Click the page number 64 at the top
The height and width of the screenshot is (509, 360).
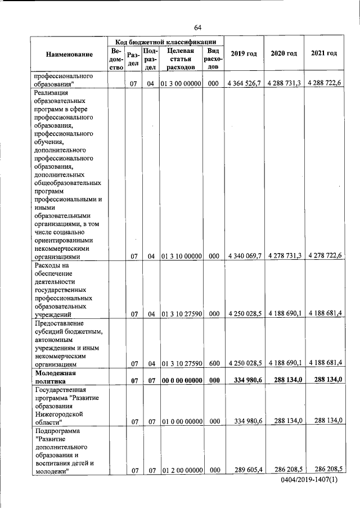coord(197,28)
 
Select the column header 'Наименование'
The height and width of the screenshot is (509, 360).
coord(70,54)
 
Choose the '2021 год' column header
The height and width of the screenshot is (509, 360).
coord(323,53)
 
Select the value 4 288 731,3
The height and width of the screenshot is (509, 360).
coord(284,83)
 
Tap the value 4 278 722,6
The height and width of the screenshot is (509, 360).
coord(323,255)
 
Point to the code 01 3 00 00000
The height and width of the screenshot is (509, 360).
coord(181,84)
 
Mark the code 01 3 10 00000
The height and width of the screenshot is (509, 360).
coord(181,256)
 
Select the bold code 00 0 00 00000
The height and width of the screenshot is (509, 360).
coord(181,381)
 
